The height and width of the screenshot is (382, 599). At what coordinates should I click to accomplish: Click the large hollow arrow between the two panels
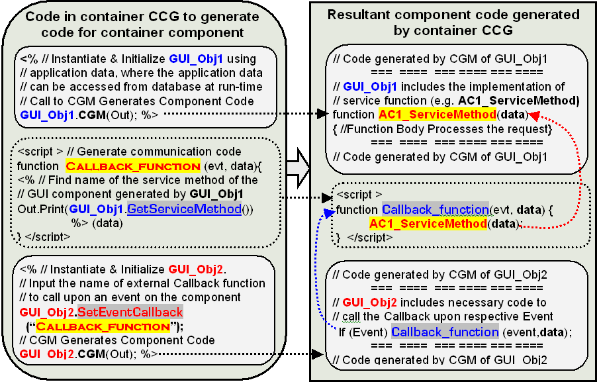[x=299, y=168]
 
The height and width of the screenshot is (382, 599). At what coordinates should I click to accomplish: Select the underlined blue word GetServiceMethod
[x=184, y=209]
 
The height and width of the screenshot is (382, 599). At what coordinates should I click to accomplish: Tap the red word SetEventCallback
[x=130, y=312]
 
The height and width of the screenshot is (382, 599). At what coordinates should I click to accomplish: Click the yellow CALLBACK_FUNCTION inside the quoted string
[x=103, y=326]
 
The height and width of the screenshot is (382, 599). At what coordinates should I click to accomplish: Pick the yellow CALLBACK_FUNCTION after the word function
[x=133, y=166]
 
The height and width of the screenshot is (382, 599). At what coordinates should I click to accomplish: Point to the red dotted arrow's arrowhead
[x=533, y=115]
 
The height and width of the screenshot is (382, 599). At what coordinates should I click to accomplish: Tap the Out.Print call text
[x=41, y=209]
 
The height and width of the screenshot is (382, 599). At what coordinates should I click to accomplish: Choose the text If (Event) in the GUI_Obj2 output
[x=363, y=332]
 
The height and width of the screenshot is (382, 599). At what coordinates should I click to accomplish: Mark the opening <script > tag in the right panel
[x=359, y=195]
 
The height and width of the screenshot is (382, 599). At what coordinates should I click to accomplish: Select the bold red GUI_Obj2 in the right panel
[x=369, y=303]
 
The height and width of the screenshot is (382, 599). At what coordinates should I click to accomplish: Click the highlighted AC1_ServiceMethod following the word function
[x=438, y=115]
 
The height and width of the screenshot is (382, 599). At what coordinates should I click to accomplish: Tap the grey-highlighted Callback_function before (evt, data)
[x=436, y=209]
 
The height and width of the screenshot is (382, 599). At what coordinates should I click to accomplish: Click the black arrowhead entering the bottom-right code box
[x=318, y=354]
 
